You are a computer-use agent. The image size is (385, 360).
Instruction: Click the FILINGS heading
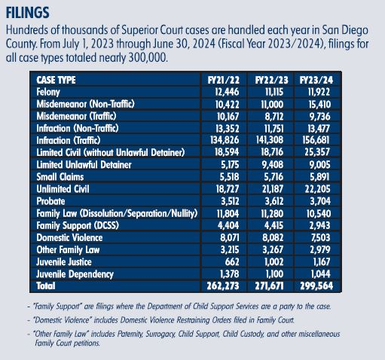[x=27, y=13]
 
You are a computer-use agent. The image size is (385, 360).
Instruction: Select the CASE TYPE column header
[x=56, y=80]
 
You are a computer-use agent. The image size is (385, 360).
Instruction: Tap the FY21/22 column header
[x=224, y=80]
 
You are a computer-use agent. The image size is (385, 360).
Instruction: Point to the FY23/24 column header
[x=316, y=80]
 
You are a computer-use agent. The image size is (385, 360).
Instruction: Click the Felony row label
[x=48, y=92]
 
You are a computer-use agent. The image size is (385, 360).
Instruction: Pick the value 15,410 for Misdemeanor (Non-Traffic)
[x=319, y=104]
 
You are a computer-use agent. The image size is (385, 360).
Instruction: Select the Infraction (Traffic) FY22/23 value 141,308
[x=270, y=140]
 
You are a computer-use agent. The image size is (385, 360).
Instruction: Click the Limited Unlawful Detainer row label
[x=84, y=165]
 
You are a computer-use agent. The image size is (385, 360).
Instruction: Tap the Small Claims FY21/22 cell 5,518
[x=229, y=177]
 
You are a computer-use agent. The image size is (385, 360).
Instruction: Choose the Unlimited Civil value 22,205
[x=317, y=189]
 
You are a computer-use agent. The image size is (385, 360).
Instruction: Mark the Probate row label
[x=50, y=201]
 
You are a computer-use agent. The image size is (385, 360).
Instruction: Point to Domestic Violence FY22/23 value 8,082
[x=273, y=237]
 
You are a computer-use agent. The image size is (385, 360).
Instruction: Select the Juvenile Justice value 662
[x=232, y=262]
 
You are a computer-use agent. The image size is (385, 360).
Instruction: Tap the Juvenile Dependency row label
[x=75, y=274]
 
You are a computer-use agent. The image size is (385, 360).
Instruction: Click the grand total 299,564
[x=316, y=286]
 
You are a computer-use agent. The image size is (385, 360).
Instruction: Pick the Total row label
[x=46, y=286]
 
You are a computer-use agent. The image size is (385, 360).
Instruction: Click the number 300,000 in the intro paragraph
[x=148, y=58]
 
